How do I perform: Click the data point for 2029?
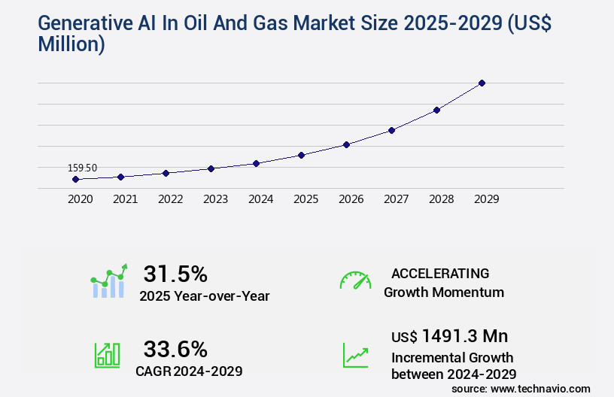point(482,83)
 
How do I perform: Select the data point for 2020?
point(75,179)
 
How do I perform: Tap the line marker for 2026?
point(346,144)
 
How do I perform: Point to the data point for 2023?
point(211,168)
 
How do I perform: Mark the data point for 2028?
point(436,110)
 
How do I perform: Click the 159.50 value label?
point(82,168)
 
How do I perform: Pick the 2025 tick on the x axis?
point(305,199)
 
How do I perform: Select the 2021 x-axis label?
point(125,199)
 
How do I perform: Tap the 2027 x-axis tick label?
point(396,199)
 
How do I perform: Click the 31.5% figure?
point(175,273)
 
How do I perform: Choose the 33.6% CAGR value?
point(175,349)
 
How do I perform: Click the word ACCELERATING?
point(440,273)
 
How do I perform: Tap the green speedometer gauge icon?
point(355,280)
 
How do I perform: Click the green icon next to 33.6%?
point(107,355)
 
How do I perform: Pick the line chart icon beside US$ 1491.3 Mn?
point(355,355)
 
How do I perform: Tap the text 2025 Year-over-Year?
point(204,296)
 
